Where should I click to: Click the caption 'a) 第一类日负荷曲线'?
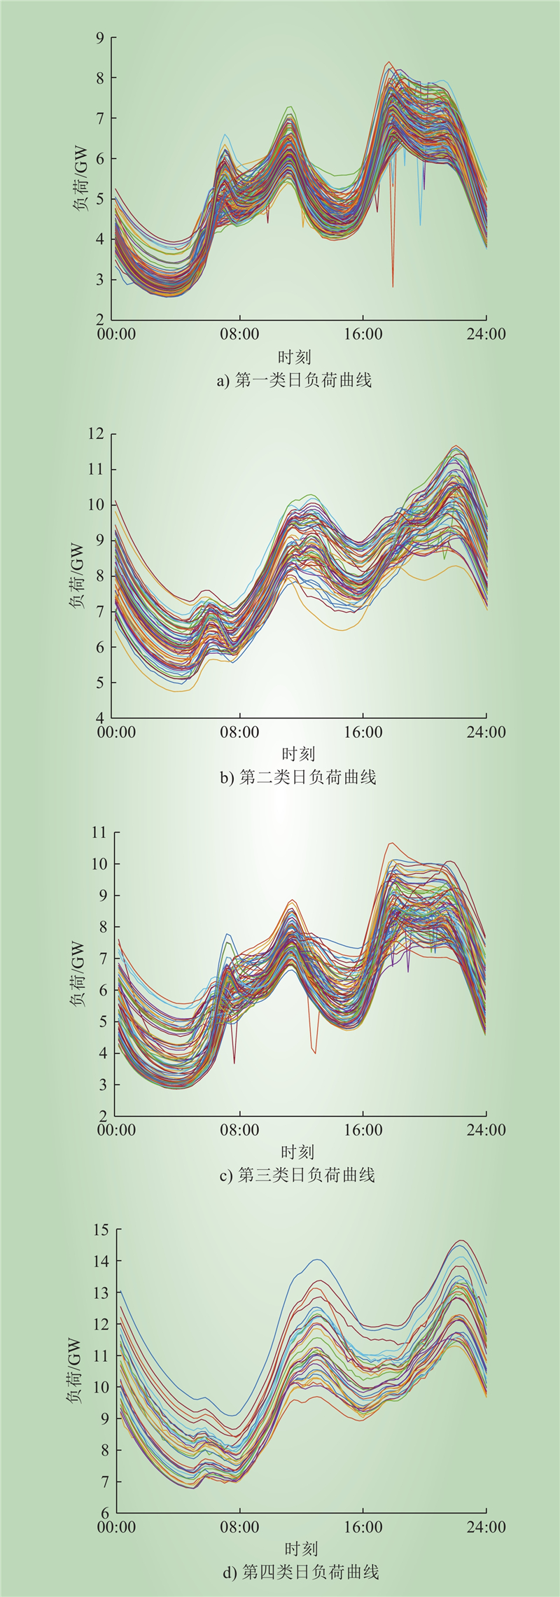coord(295,380)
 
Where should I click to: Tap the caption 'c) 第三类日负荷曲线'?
coord(297,1174)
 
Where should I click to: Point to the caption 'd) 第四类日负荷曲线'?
coord(301,1572)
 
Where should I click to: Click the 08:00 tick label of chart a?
coord(239,334)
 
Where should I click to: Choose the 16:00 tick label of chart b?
coord(363,732)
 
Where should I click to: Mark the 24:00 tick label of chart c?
coord(486,1129)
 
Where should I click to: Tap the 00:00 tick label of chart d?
coord(116,1527)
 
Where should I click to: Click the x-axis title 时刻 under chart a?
coord(295,357)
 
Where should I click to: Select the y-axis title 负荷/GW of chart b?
coord(76,576)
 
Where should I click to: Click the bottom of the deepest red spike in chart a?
coord(393,286)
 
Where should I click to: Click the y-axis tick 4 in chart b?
coord(100,718)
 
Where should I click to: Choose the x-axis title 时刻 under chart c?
coord(297,1152)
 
